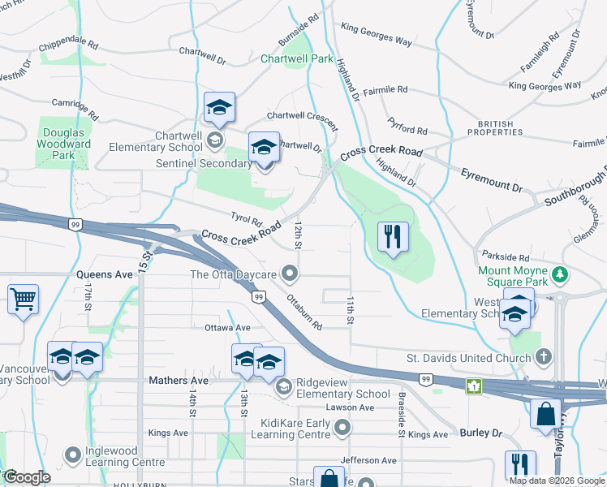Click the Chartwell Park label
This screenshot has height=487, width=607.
297,59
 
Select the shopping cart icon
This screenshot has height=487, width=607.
23,299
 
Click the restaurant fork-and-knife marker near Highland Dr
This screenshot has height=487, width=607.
393,237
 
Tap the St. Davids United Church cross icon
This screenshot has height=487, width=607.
545,356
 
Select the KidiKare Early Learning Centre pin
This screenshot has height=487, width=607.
342,427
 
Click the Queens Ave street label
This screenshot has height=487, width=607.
105,275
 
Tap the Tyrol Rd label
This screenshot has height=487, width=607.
248,219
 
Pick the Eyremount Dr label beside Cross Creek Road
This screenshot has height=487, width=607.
492,180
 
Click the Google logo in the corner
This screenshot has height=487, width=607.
28,476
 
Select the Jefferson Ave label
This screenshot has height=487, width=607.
368,460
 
